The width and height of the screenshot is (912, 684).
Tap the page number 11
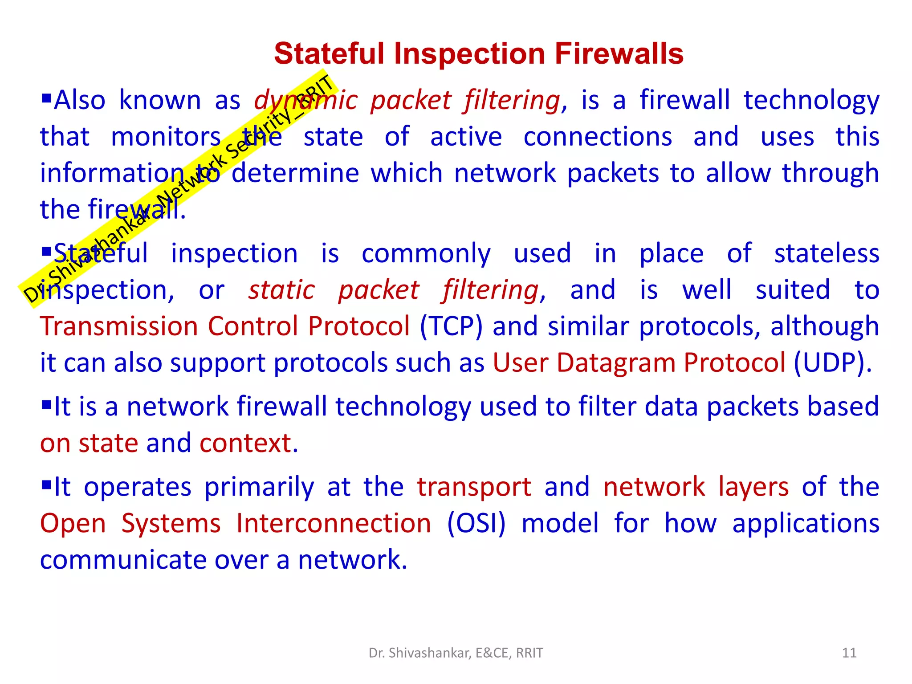849,653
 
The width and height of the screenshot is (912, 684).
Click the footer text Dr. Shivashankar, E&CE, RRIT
456,653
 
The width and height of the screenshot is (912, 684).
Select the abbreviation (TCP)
451,326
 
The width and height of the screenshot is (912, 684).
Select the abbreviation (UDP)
832,363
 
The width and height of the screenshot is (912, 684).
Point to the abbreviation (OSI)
476,523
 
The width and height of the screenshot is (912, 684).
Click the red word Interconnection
334,523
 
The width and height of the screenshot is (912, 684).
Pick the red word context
248,444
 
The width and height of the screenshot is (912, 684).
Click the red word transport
474,487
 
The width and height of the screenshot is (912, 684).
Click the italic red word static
281,290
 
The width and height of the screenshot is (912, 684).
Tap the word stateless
826,254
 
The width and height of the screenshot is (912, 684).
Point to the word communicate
122,560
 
